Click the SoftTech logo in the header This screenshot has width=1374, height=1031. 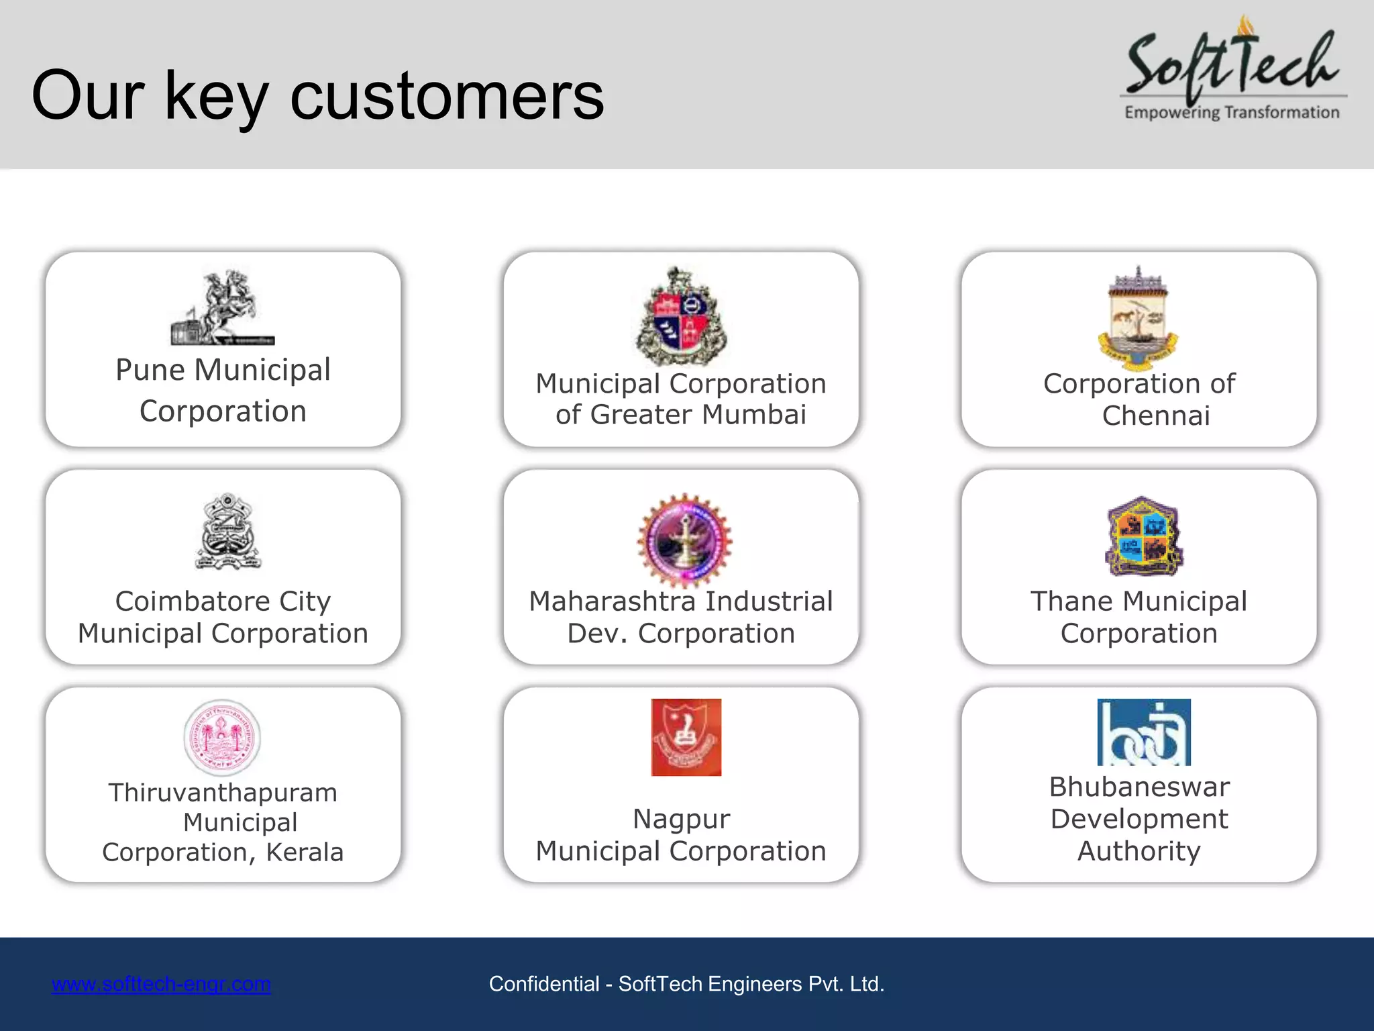click(x=1233, y=70)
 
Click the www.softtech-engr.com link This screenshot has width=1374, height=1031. click(x=161, y=984)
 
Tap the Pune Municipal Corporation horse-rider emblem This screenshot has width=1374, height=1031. click(x=223, y=307)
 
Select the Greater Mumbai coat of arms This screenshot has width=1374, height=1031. click(x=681, y=315)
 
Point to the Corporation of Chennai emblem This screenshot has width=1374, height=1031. click(x=1139, y=318)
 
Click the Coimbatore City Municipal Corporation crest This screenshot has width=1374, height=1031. click(x=227, y=532)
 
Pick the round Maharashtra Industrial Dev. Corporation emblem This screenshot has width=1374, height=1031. click(x=684, y=540)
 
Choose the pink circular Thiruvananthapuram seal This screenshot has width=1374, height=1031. click(x=222, y=738)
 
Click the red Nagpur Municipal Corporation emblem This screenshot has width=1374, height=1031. click(x=686, y=737)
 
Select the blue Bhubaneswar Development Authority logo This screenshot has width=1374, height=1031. click(x=1144, y=732)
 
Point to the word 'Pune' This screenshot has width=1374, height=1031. click(x=150, y=370)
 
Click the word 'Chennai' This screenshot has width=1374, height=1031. click(x=1156, y=415)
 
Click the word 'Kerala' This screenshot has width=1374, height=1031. click(x=305, y=852)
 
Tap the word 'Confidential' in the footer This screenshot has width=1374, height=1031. click(x=544, y=984)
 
